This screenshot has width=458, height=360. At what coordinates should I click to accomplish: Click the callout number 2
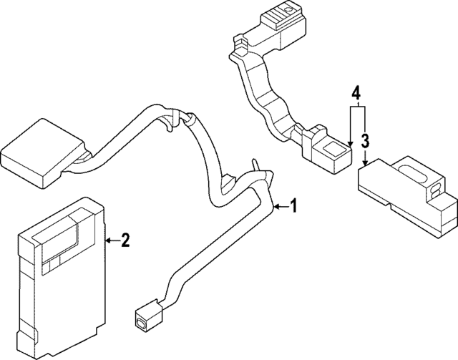(125, 241)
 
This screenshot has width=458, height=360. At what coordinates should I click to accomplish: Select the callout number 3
(364, 140)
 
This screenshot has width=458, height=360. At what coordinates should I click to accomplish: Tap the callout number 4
(355, 92)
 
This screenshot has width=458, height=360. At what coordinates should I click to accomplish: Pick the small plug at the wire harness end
(144, 314)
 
